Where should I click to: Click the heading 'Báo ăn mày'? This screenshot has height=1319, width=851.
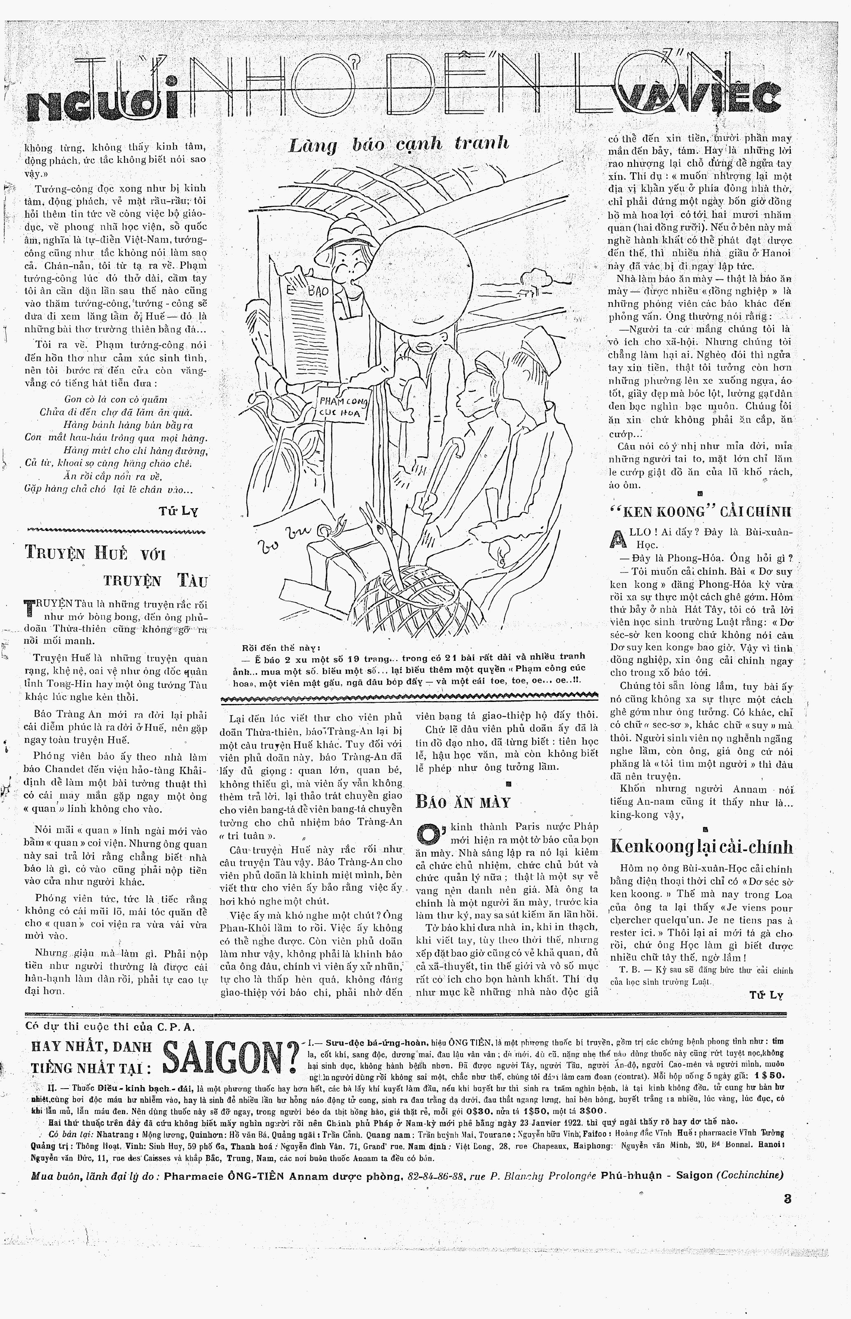[463, 802]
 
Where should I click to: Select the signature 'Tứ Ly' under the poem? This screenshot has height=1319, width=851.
[178, 511]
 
